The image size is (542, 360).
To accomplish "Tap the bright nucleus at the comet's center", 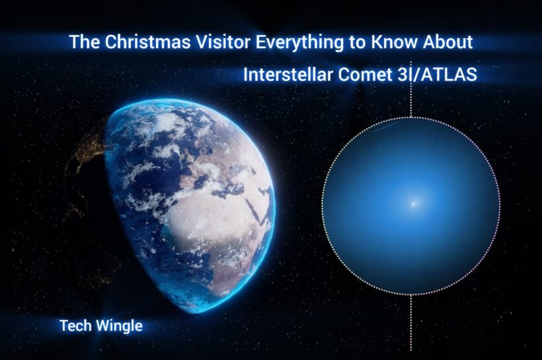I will (414, 204).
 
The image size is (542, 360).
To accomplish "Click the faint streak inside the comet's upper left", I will (385, 127).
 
